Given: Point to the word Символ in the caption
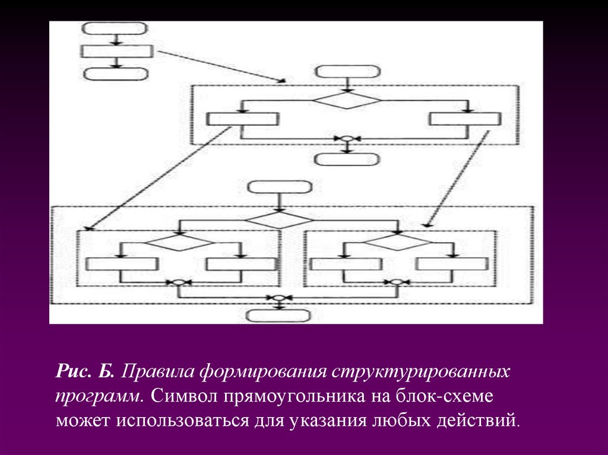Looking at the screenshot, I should [x=184, y=397].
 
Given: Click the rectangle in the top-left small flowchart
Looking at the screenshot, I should [x=116, y=51].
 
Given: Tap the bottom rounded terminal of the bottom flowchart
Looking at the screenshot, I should [x=278, y=315].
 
